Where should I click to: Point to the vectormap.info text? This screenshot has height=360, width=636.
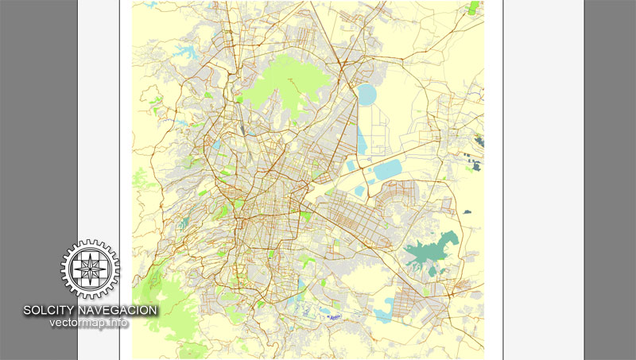pos(89,323)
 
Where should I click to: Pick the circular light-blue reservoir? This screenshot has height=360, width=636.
pos(366,95)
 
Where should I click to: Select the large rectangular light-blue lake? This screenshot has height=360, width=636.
pos(388,168)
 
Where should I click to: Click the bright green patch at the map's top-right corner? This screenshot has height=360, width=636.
pos(475,8)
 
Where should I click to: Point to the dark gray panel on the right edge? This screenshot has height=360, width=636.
pos(610,180)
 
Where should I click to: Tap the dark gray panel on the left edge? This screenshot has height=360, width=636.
pos(38,119)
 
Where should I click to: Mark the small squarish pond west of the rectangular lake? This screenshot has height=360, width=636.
pos(351,166)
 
